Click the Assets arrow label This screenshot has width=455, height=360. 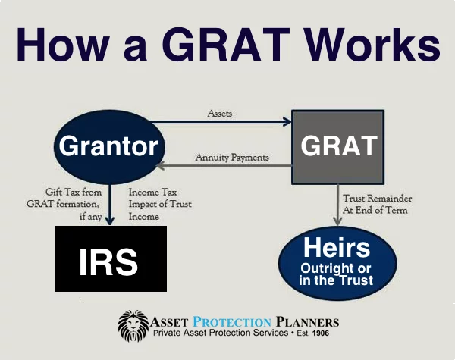click(221, 113)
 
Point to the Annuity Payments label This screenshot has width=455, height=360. click(232, 158)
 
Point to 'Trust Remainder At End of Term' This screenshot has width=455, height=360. click(380, 203)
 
